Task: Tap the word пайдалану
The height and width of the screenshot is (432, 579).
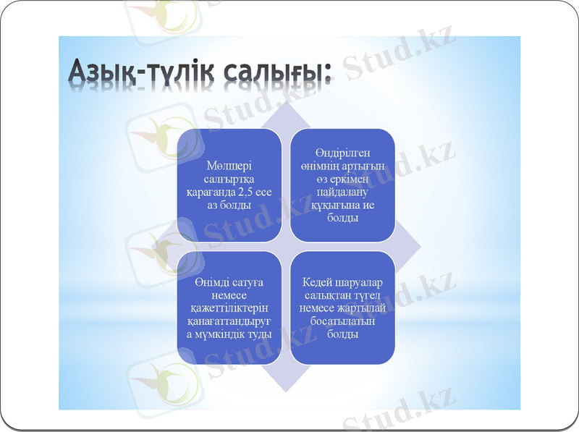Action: (342, 192)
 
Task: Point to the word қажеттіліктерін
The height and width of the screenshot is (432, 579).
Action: (229, 308)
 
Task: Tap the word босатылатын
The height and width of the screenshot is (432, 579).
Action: (342, 321)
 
